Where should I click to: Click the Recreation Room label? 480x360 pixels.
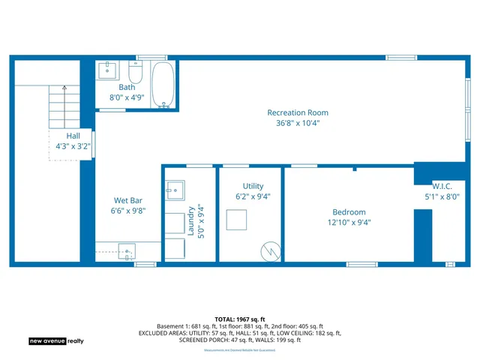[x=298, y=112]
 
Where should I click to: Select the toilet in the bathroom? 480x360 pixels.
[x=136, y=73]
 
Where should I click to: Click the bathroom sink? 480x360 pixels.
[x=107, y=71]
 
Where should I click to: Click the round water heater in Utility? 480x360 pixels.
[x=268, y=250]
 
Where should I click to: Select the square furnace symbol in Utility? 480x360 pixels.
[x=238, y=220]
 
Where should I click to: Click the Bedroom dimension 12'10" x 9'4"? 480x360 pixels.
[x=349, y=222]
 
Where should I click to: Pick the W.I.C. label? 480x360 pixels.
[x=441, y=186]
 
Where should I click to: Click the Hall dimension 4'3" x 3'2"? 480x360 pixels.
[x=73, y=147]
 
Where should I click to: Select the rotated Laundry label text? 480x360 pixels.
[x=191, y=221]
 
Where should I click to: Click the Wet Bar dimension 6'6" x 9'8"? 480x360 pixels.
[x=128, y=211]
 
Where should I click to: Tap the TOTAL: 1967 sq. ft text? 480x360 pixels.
[x=239, y=319]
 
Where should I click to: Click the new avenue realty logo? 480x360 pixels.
[x=56, y=340]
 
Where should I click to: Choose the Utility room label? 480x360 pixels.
[x=253, y=186]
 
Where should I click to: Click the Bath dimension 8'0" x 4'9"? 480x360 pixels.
[x=126, y=97]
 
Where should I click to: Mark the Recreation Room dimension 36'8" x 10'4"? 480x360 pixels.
[x=298, y=124]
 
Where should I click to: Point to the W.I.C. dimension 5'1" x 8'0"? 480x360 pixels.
[x=441, y=197]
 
